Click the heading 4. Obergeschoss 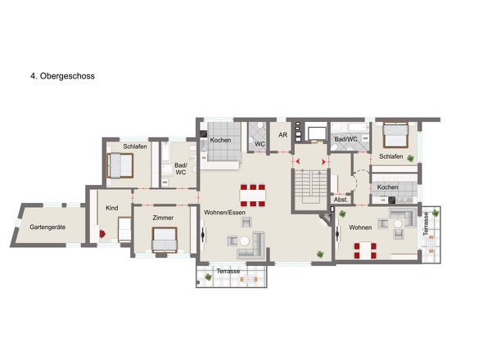click(62, 76)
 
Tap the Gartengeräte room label click(47, 227)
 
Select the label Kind click(112, 208)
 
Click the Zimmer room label click(163, 218)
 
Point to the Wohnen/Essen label click(224, 213)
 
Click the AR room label click(282, 135)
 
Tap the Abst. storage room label click(341, 200)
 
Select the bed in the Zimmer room click(165, 240)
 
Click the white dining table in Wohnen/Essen click(253, 196)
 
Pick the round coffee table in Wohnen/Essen click(245, 241)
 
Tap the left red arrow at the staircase click(297, 161)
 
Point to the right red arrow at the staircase click(323, 162)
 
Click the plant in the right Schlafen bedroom click(410, 158)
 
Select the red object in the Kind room click(102, 234)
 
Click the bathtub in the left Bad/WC click(165, 153)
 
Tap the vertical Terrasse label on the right click(426, 224)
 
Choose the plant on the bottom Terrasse click(209, 277)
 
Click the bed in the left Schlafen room click(120, 165)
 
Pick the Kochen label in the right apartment click(387, 187)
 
